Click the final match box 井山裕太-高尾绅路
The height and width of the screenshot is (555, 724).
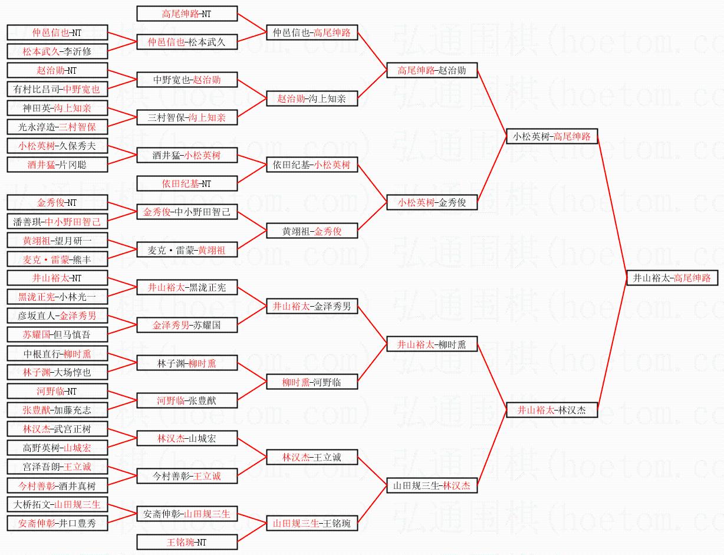(672, 278)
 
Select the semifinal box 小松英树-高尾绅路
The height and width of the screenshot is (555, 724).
(552, 136)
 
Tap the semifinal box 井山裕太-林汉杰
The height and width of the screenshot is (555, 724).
(552, 410)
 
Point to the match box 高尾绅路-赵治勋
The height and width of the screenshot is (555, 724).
(432, 70)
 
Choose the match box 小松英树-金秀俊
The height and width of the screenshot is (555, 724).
(432, 202)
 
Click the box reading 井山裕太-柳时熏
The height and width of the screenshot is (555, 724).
(432, 344)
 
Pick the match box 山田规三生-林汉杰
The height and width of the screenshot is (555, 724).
(432, 485)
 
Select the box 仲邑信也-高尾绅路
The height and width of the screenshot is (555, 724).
(312, 32)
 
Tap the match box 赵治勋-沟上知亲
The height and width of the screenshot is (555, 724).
(312, 98)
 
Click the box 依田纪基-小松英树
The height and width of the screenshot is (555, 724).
(312, 165)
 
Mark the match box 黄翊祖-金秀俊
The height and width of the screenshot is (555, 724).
(312, 231)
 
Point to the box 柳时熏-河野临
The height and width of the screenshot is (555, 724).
(312, 382)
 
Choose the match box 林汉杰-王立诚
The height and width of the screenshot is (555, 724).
(312, 457)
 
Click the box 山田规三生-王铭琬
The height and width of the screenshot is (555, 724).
(312, 523)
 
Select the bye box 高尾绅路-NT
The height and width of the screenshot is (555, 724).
(187, 14)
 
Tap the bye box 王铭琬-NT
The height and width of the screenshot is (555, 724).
(187, 542)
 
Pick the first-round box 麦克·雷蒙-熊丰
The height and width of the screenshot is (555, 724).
(57, 259)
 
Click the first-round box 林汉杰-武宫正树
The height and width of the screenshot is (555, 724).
(57, 429)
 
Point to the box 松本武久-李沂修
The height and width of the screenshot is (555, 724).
(57, 51)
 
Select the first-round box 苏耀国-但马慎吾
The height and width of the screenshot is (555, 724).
(57, 334)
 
